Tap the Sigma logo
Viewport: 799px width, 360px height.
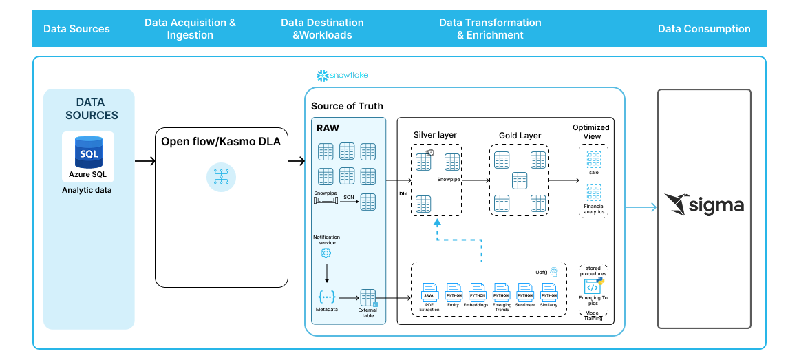(x=703, y=204)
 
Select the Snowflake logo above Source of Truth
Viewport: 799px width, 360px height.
(x=342, y=75)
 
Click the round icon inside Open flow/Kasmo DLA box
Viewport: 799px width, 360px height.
(x=221, y=177)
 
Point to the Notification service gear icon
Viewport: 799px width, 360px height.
(x=326, y=253)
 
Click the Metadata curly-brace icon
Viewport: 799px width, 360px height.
(x=326, y=297)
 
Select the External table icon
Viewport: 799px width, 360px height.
(x=368, y=298)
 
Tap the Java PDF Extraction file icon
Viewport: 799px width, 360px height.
(x=429, y=291)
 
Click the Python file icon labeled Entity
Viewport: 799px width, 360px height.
(x=454, y=291)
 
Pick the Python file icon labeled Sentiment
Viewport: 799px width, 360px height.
(x=525, y=291)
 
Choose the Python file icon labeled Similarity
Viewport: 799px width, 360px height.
(x=548, y=291)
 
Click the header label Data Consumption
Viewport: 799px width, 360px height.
(x=704, y=29)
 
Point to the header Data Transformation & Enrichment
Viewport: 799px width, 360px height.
(x=490, y=29)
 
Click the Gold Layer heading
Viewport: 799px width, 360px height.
(x=520, y=136)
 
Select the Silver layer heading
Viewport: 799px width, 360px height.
(x=435, y=135)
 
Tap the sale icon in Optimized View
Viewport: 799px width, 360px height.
(x=593, y=159)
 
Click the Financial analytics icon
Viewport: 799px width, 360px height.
(x=593, y=193)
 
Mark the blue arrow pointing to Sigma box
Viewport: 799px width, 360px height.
(x=641, y=206)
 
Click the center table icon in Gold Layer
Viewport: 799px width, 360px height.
(x=519, y=182)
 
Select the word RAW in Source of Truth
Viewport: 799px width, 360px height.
(x=328, y=128)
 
